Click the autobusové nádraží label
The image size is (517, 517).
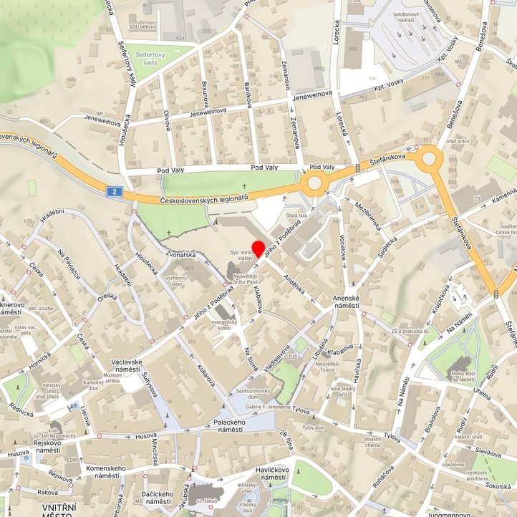pyautogui.click(x=409, y=17)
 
